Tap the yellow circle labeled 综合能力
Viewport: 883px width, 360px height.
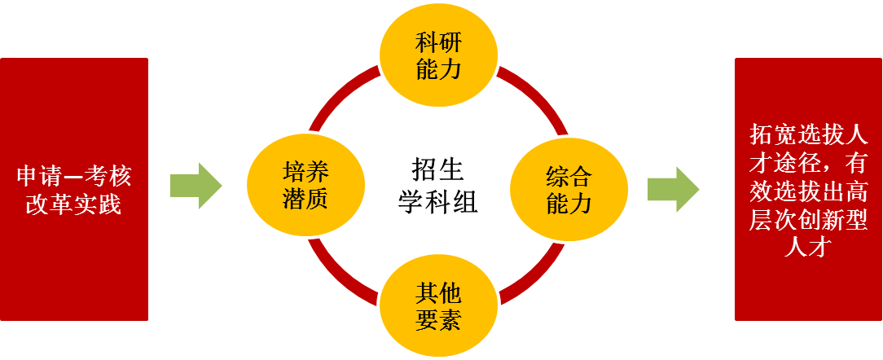569,189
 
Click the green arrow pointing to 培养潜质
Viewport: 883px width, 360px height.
195,185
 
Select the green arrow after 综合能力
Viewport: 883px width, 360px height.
673,189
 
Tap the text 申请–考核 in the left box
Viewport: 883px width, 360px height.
74,176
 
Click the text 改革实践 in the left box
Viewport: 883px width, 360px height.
74,204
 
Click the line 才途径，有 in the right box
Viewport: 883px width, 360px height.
808,163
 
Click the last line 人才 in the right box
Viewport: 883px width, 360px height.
808,248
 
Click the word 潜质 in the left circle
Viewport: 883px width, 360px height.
305,199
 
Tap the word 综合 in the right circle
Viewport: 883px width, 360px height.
569,175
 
